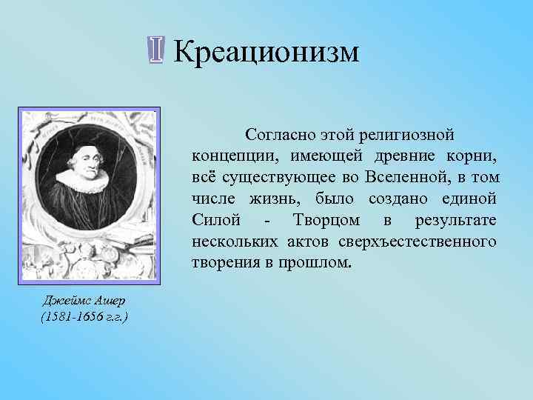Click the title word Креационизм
266,52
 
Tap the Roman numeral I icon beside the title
155,51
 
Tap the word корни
475,157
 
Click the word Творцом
326,221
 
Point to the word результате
457,221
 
